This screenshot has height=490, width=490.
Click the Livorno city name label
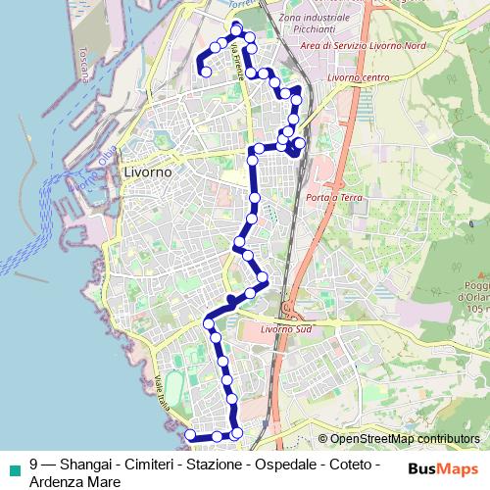[x=148, y=171]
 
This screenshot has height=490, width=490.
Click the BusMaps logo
[x=445, y=467]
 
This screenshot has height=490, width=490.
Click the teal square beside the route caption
[x=14, y=465]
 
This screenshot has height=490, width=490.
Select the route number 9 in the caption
[x=34, y=465]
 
